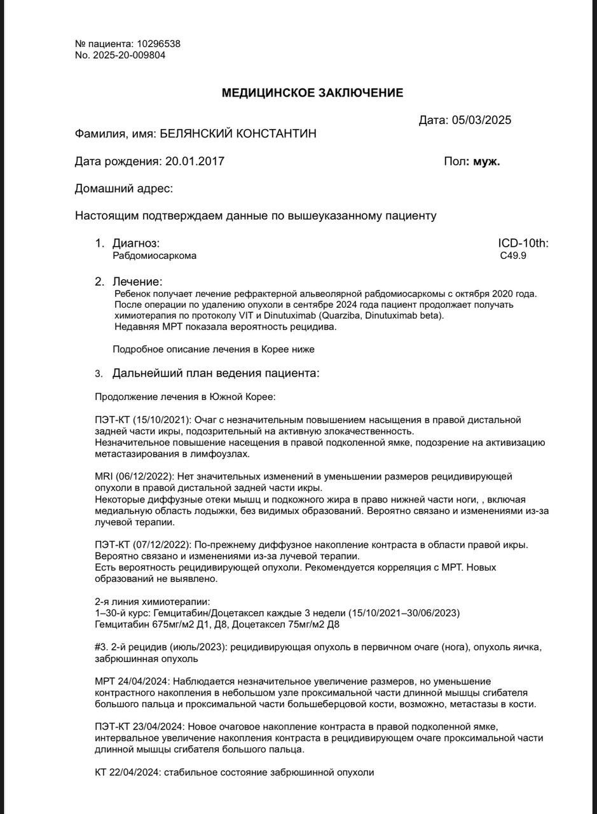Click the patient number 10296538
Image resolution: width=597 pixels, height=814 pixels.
(x=159, y=44)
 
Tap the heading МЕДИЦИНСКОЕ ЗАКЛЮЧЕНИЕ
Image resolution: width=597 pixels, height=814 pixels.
(x=312, y=93)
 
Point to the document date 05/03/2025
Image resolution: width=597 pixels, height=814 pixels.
(x=481, y=120)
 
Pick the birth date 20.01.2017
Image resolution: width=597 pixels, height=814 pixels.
(x=195, y=162)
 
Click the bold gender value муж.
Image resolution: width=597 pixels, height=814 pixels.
(x=486, y=162)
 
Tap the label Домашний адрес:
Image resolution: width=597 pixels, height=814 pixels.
(x=124, y=189)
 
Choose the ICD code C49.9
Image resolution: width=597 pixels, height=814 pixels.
(x=513, y=256)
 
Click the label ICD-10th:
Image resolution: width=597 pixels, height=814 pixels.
(x=523, y=244)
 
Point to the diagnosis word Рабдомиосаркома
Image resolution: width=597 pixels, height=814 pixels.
(x=154, y=256)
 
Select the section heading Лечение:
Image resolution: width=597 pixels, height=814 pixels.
(x=137, y=281)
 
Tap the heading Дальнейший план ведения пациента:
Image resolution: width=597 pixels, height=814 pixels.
(x=216, y=373)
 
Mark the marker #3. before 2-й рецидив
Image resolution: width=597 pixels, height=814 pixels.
(x=102, y=647)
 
